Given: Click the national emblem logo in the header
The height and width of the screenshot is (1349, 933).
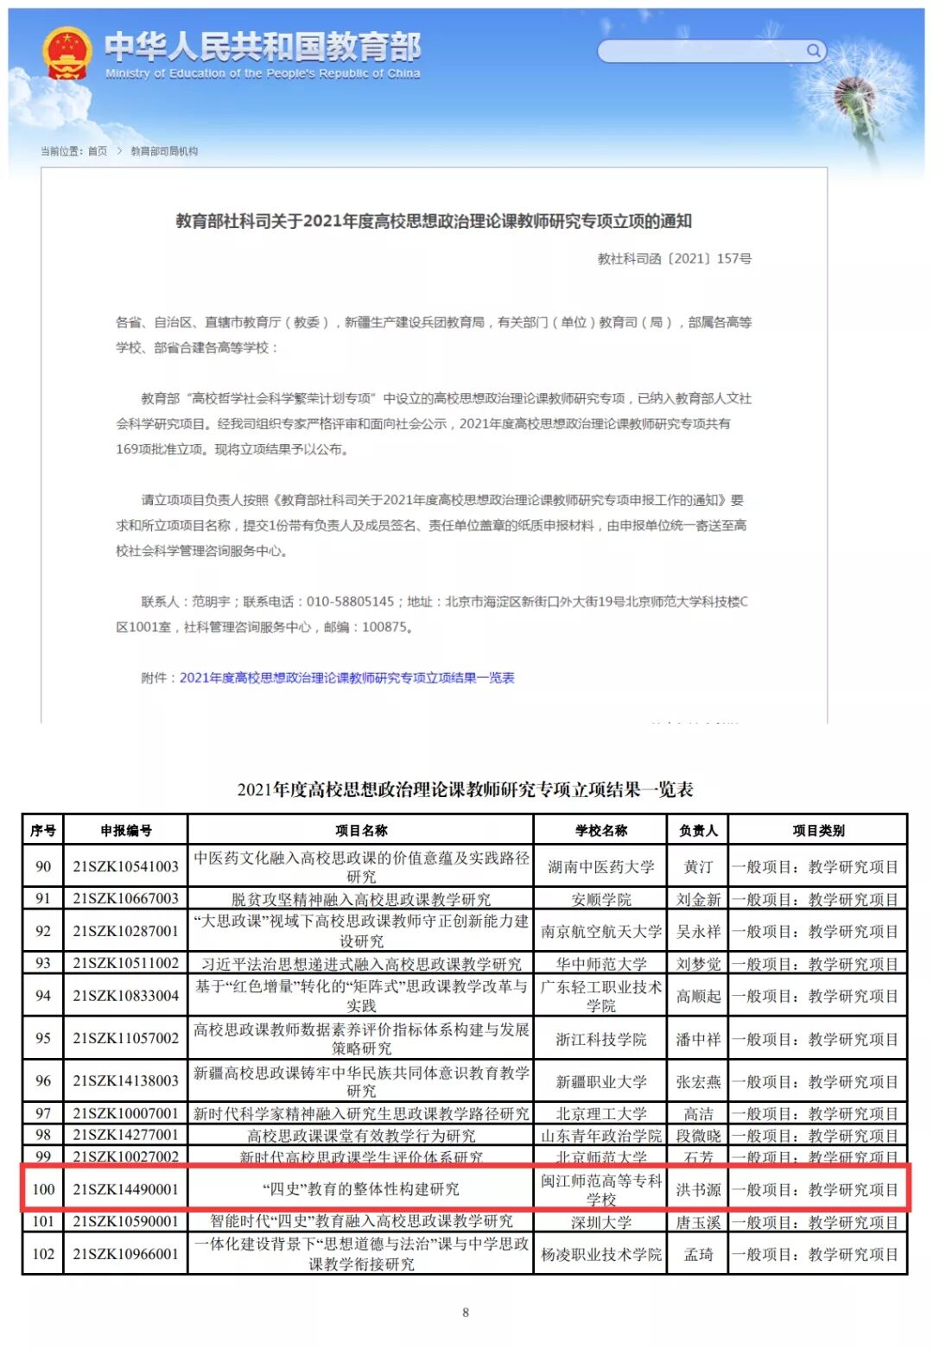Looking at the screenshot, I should (x=67, y=53).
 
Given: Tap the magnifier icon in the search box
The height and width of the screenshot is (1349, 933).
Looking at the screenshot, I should (x=812, y=51).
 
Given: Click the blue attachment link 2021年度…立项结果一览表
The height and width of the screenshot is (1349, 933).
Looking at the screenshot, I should (x=346, y=678).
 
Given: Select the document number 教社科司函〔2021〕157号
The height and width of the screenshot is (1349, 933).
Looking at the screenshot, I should (x=674, y=258).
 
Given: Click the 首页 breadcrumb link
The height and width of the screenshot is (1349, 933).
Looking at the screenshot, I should (x=98, y=151).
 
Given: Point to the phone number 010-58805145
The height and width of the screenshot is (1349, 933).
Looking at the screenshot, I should (x=350, y=602).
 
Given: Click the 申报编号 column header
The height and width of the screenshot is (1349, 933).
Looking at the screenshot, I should (x=125, y=830).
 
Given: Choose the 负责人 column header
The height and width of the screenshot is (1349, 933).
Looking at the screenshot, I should (x=697, y=830).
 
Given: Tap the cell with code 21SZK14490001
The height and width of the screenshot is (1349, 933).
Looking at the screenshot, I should (x=125, y=1189).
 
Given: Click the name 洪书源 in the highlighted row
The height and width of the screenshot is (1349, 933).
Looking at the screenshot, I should (x=697, y=1189).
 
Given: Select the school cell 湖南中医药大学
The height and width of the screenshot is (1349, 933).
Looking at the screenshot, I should (x=600, y=866).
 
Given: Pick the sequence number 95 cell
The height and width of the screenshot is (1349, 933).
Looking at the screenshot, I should (x=43, y=1038).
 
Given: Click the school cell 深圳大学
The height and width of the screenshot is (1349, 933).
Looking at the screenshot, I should (x=600, y=1222).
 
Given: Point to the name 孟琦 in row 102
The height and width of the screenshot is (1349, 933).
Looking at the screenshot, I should (x=697, y=1254).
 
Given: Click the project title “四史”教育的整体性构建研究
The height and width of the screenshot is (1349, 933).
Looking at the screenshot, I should (x=361, y=1189).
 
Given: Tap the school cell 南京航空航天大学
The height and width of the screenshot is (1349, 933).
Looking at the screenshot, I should (x=600, y=931).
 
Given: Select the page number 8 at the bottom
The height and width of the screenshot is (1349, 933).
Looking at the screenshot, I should (x=466, y=1313).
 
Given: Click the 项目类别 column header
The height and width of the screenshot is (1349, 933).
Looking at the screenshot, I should (x=817, y=830).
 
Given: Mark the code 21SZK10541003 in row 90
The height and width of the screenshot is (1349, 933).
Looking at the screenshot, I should (x=125, y=866).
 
